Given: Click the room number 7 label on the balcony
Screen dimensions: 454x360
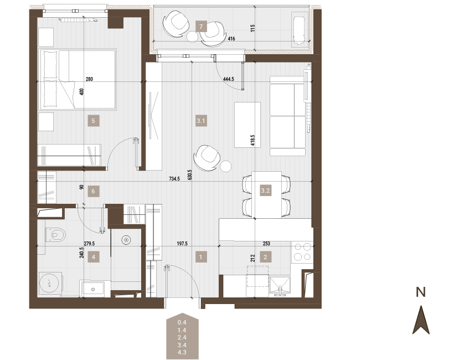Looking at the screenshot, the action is point(201,27).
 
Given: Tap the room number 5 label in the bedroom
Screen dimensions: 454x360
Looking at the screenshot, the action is point(93,121).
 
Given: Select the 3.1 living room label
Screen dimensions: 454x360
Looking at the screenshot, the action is point(201,121).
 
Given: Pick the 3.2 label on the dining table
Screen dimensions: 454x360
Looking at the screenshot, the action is point(266,191).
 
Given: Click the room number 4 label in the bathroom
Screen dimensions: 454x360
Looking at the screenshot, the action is point(93,257).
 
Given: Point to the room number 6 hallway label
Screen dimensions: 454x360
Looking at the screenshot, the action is point(93,191).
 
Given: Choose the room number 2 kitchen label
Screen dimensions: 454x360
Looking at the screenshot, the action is point(266,257).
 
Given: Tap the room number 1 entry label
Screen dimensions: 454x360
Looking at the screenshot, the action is point(201,257).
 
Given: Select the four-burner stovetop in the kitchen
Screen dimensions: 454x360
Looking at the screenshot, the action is point(302,252).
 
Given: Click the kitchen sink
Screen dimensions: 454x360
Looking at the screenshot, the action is point(280,286).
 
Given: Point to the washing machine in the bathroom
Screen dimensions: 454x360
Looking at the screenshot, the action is point(50,283).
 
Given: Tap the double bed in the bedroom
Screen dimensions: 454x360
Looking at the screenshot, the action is point(78,79).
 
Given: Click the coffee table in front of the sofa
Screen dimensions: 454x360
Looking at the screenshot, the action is point(247,125).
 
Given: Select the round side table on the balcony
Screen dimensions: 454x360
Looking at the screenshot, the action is point(192,37).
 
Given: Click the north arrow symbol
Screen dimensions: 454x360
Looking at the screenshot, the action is point(421,320).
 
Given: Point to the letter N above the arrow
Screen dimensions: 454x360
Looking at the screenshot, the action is point(421,292).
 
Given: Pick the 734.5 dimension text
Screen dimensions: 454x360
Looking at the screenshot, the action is point(174,179).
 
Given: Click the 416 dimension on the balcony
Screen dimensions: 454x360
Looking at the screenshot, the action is point(231,39).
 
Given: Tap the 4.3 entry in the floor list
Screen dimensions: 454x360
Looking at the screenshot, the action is point(182,352).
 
